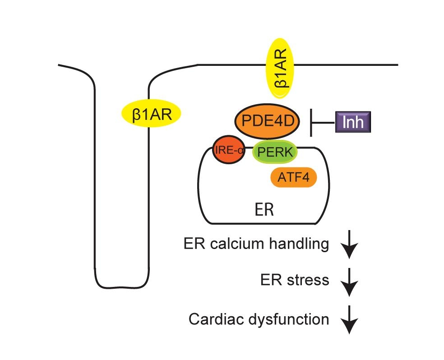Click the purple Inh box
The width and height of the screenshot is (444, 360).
click(x=352, y=122)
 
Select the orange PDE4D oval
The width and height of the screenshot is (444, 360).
click(x=267, y=121)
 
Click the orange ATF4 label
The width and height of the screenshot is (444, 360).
click(x=293, y=178)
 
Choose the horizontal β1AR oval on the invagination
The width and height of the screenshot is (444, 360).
click(x=151, y=113)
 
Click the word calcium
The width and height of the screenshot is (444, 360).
click(x=239, y=244)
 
